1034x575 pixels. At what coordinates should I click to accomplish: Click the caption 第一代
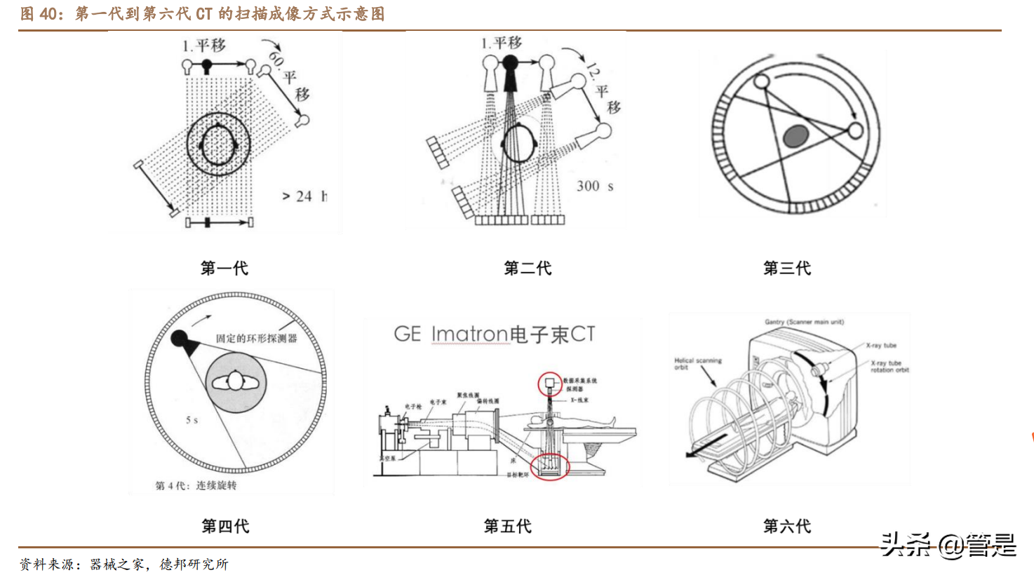[x=224, y=268]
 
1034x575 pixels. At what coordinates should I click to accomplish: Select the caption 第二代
[x=528, y=268]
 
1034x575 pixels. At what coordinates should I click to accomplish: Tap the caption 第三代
[x=786, y=268]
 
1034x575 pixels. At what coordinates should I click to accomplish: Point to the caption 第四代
[x=224, y=526]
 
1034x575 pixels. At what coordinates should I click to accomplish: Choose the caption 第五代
[x=507, y=526]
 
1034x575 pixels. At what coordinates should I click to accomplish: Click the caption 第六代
[x=786, y=526]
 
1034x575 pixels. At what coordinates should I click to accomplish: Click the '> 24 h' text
[x=304, y=196]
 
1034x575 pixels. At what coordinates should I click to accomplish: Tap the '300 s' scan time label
[x=595, y=186]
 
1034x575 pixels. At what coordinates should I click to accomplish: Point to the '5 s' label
[x=192, y=420]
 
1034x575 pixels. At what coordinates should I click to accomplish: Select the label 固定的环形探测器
[x=256, y=338]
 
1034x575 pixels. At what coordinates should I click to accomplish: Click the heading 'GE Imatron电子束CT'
[x=495, y=334]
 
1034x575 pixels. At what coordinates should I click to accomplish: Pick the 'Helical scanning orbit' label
[x=697, y=363]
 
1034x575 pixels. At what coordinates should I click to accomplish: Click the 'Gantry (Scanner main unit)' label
[x=804, y=322]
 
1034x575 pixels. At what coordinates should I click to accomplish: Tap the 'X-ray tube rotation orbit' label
[x=889, y=367]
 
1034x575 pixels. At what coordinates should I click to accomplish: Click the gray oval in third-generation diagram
[x=795, y=136]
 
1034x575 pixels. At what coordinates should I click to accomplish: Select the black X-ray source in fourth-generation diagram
[x=180, y=339]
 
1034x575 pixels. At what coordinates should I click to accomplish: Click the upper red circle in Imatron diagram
[x=550, y=383]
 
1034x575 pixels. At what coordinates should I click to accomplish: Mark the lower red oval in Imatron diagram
[x=550, y=466]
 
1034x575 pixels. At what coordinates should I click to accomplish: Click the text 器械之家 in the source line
[x=116, y=564]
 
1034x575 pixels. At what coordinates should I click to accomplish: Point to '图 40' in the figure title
[x=38, y=14]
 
